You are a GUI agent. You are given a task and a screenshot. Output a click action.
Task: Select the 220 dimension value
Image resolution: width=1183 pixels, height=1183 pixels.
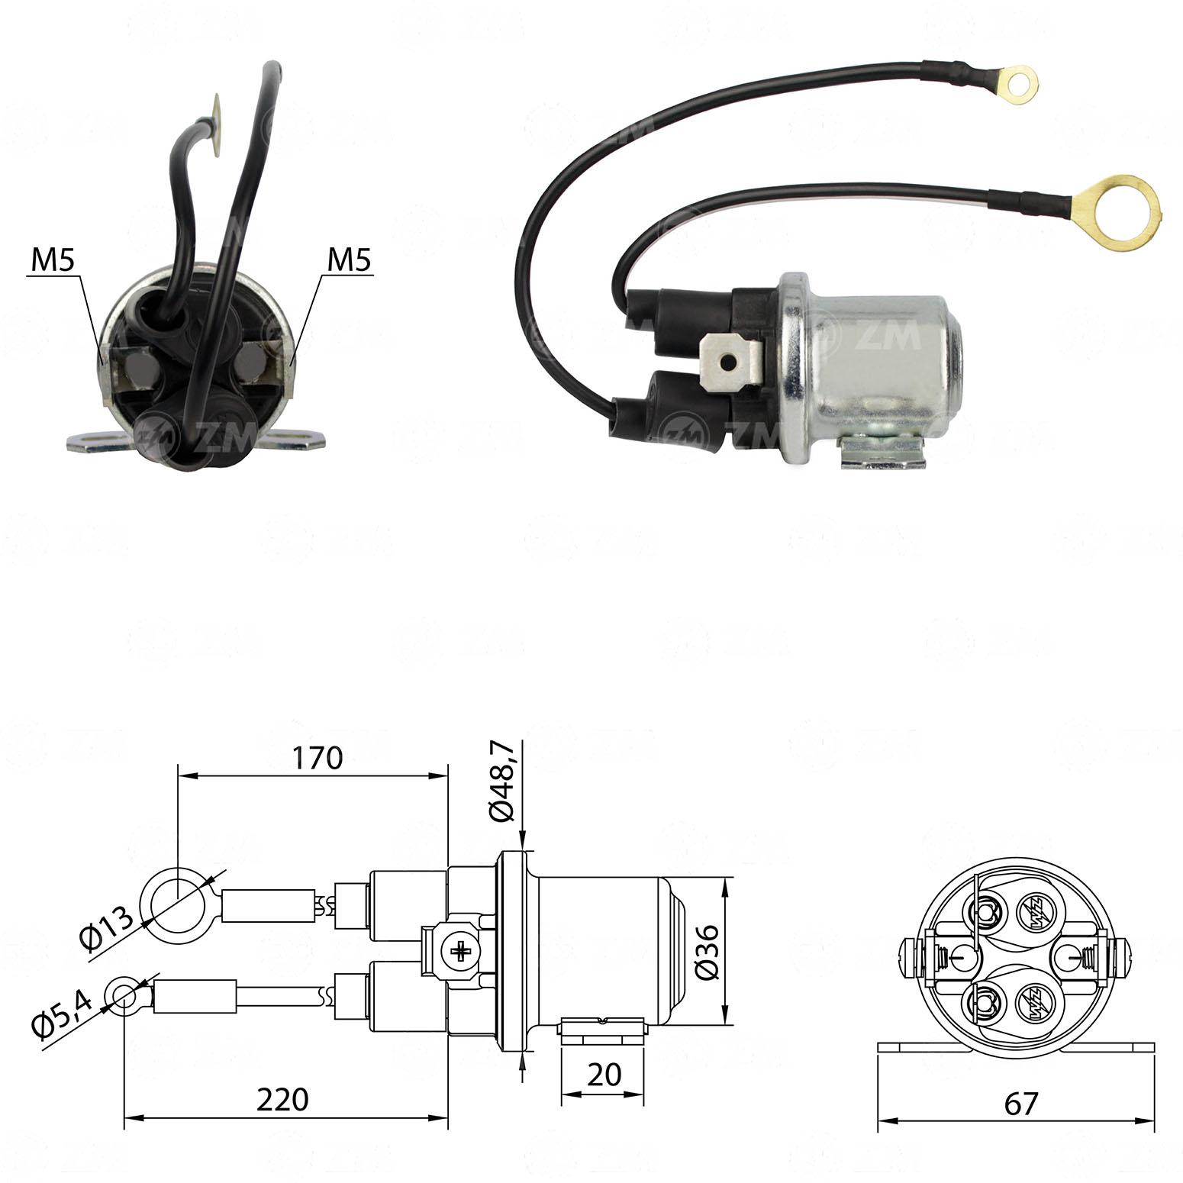(282, 1100)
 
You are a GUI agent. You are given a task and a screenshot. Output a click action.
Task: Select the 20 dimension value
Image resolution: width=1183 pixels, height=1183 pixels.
(604, 1075)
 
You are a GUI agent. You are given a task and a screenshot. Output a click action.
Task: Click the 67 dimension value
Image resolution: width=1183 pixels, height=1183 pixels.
(1020, 1104)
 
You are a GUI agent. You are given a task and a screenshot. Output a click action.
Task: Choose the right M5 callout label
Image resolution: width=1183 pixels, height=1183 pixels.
(349, 261)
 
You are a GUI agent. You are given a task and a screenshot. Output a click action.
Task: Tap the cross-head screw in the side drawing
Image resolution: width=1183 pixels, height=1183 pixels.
(462, 951)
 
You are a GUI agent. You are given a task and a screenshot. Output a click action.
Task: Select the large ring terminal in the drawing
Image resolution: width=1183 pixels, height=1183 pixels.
(176, 905)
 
